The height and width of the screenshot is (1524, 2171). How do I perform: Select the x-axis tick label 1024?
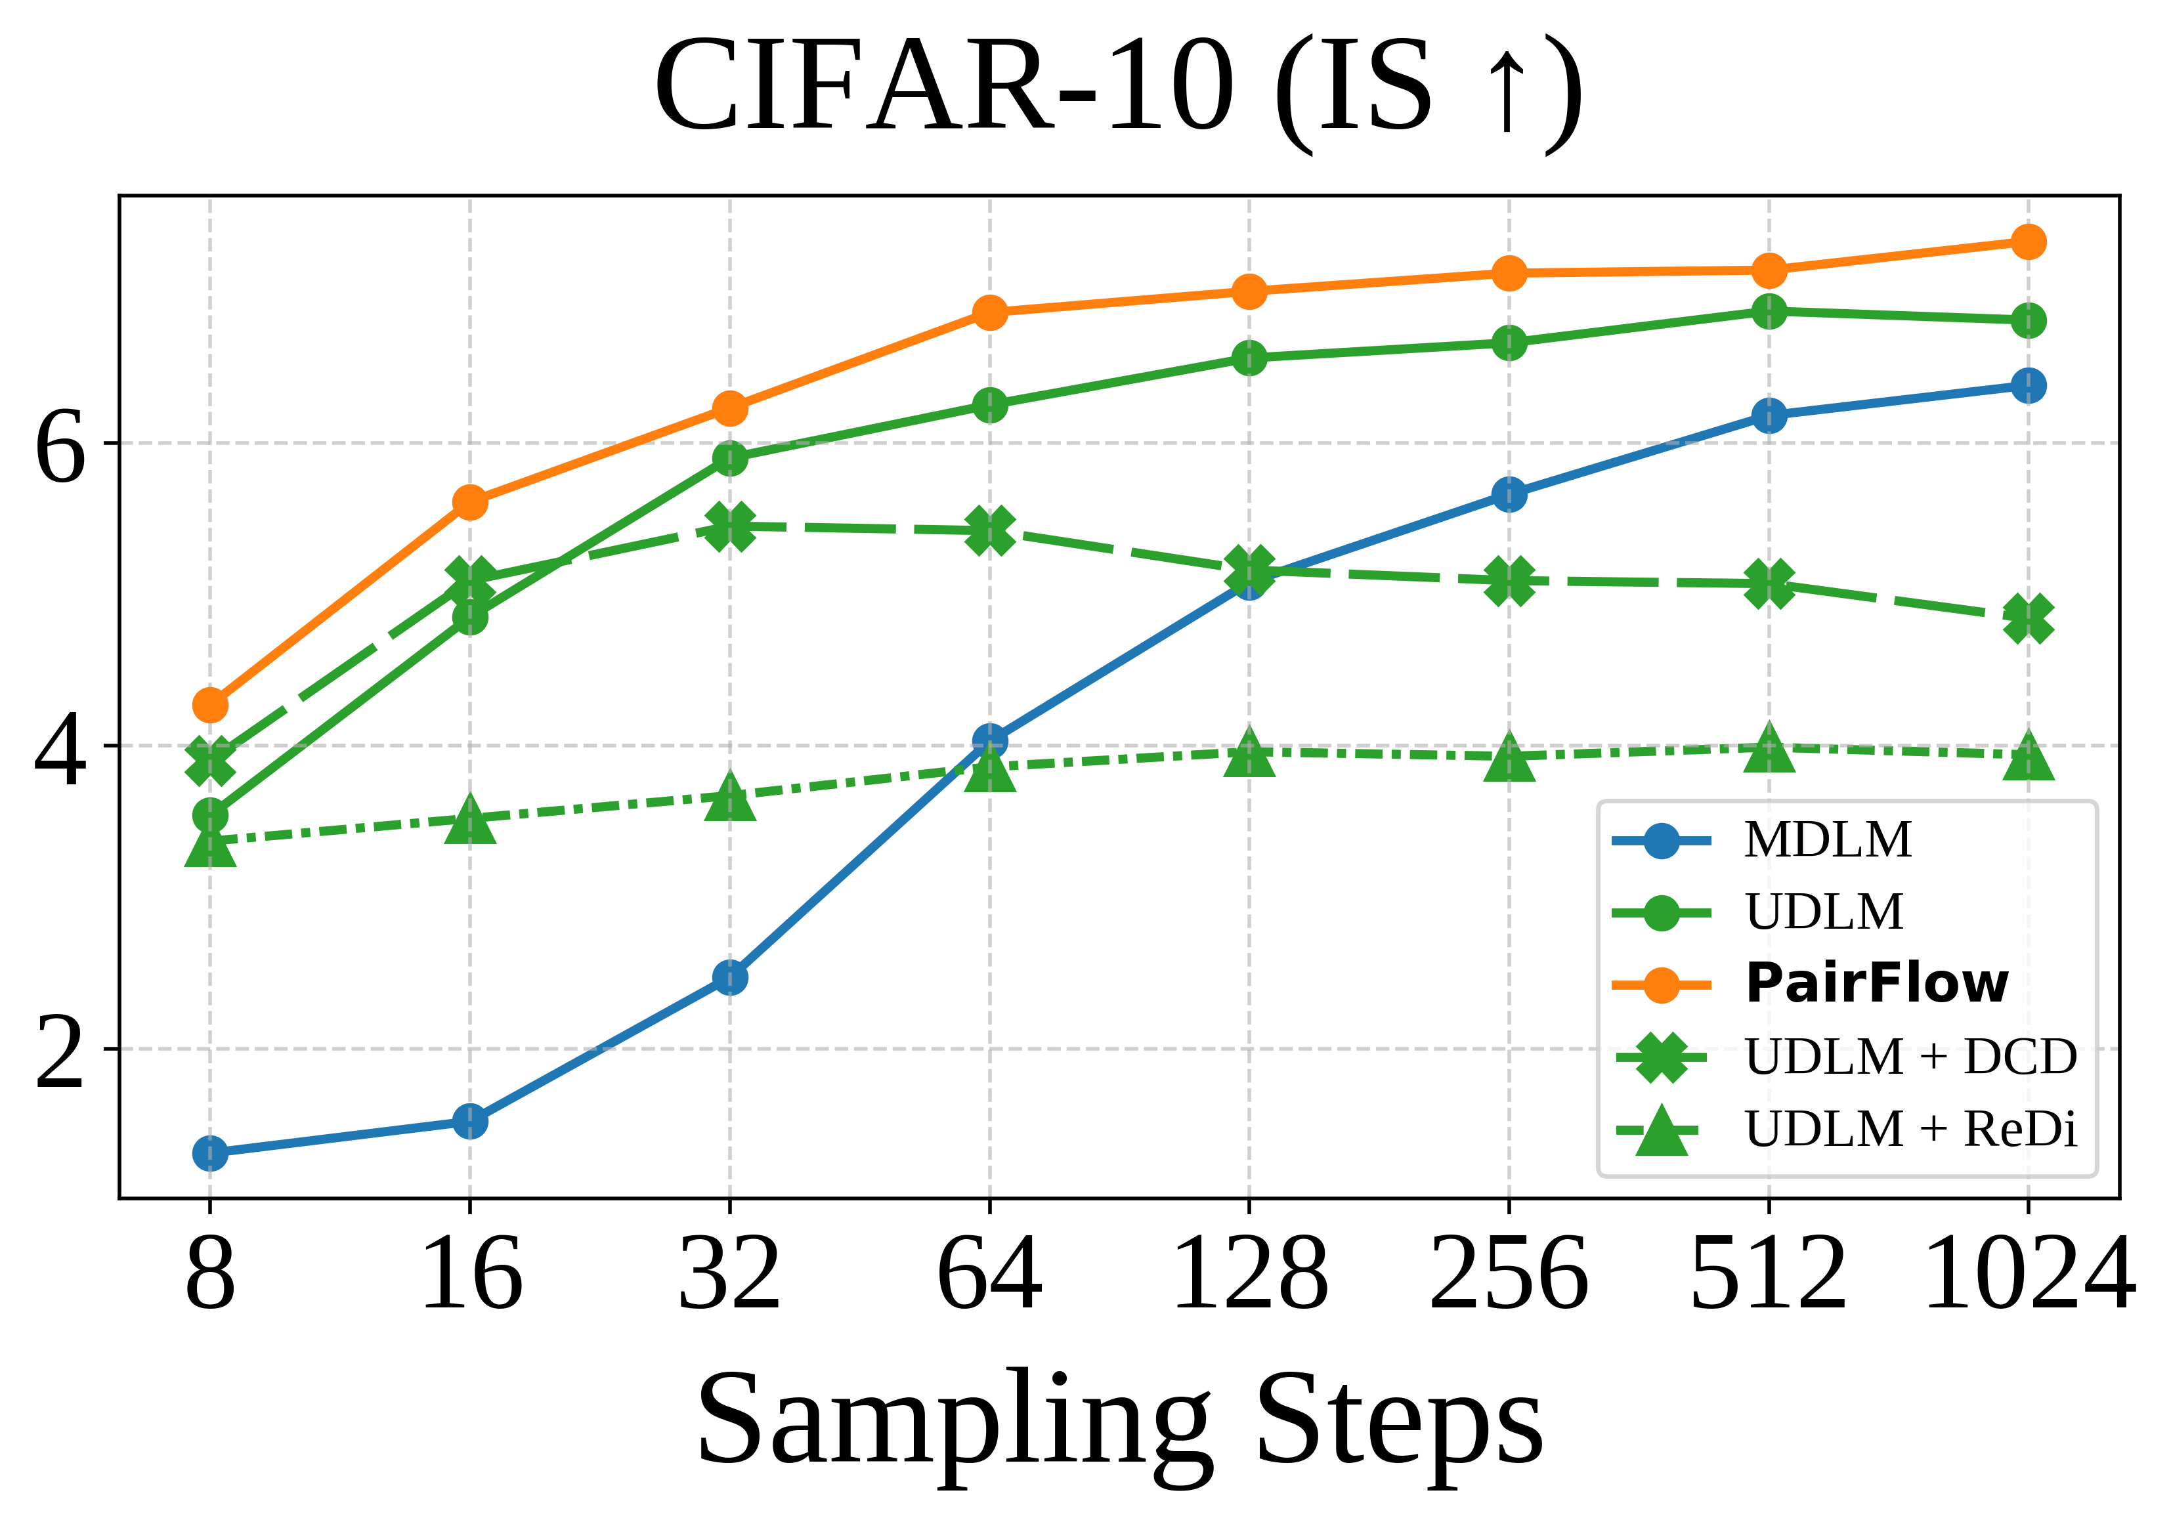coord(2027,1275)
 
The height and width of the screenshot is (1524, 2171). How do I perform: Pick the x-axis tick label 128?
coord(1249,1275)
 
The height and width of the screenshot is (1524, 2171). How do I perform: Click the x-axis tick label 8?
coord(210,1275)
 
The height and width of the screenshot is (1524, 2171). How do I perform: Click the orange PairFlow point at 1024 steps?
coord(2027,242)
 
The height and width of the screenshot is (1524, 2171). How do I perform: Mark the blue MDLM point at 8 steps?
coord(210,1153)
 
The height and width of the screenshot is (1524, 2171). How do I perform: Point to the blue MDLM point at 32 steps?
coord(729,977)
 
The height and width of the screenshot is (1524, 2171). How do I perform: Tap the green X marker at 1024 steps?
coord(2027,618)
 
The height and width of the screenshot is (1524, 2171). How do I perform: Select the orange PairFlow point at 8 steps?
coord(210,704)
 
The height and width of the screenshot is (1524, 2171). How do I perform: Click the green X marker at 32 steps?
coord(729,526)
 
